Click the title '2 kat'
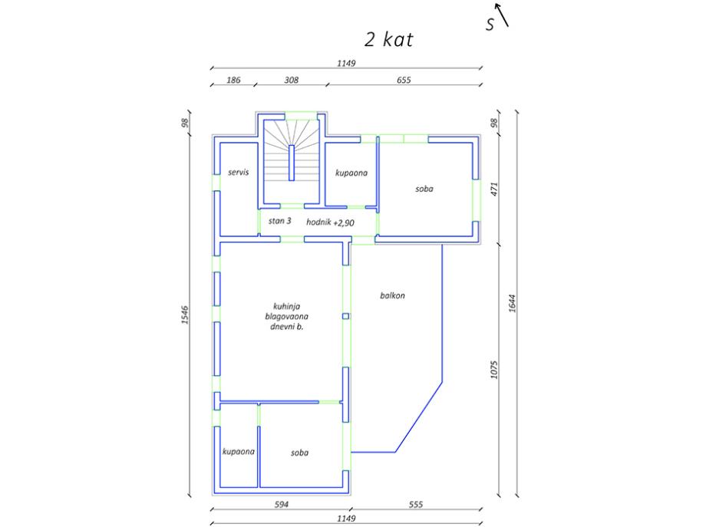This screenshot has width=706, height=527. (x=388, y=40)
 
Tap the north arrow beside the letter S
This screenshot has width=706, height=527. (x=502, y=15)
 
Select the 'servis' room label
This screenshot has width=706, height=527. (x=238, y=172)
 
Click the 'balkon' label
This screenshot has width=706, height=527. (x=392, y=295)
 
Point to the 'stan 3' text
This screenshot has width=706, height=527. (x=279, y=220)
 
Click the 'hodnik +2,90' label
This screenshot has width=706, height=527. (x=330, y=222)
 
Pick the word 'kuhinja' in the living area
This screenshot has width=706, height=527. (x=286, y=307)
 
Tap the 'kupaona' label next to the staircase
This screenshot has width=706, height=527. (x=351, y=173)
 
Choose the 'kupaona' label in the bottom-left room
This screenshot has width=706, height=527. (x=238, y=451)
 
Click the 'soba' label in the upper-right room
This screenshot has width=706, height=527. (x=424, y=189)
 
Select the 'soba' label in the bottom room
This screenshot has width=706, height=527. (x=299, y=453)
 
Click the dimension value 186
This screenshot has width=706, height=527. (x=233, y=80)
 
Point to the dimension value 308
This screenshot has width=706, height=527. (x=292, y=80)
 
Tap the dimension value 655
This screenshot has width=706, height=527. (x=404, y=80)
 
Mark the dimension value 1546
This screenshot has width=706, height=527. (x=185, y=315)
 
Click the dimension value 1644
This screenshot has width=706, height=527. (x=512, y=303)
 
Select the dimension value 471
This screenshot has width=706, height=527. (x=494, y=189)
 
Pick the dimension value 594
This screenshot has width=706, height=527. (x=282, y=505)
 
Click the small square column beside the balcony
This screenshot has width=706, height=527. (x=346, y=316)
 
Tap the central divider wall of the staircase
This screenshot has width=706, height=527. (x=292, y=163)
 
